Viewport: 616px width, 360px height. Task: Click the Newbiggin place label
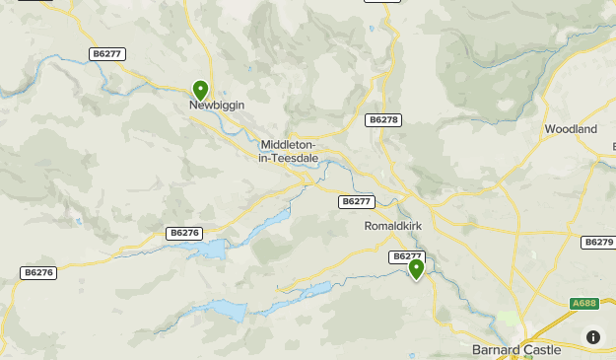217,105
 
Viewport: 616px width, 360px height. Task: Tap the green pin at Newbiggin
201,91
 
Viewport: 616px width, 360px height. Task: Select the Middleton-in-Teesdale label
289,150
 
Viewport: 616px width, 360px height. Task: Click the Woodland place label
572,129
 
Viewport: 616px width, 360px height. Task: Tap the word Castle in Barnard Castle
542,350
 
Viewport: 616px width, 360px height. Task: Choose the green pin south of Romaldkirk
416,268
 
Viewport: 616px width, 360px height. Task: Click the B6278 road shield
383,119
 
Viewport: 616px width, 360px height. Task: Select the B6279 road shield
598,242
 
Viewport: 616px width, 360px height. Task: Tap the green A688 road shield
585,305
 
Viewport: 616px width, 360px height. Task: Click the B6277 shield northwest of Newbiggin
108,54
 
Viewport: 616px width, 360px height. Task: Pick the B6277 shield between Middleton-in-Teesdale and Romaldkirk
356,201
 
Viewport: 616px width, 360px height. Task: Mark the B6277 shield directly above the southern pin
407,256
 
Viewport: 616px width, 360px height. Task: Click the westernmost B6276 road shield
37,272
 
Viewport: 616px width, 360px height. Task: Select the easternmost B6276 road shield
184,233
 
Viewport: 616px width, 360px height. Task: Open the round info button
593,337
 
